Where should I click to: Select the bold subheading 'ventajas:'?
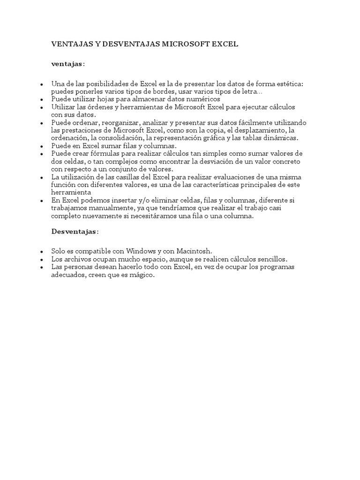(x=68, y=64)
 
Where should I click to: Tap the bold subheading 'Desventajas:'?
(x=75, y=232)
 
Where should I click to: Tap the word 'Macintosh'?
(x=195, y=251)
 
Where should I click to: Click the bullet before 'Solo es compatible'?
(x=42, y=252)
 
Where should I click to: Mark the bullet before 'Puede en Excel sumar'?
(x=42, y=146)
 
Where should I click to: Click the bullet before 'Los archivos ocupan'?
(x=42, y=259)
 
